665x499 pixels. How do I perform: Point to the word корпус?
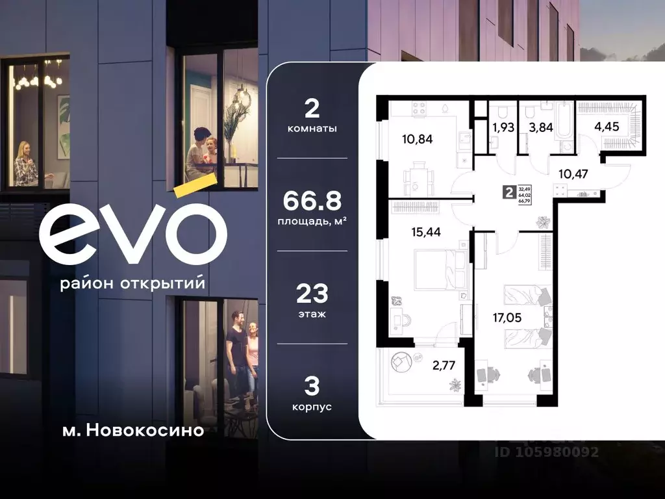point(312,407)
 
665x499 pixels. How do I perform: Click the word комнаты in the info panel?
point(312,129)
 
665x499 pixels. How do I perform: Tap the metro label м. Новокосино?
point(129,430)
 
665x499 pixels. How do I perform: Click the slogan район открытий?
point(132,284)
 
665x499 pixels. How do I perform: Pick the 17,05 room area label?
point(507,318)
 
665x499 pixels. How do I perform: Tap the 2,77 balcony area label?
point(444,365)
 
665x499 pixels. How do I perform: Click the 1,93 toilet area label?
point(503,127)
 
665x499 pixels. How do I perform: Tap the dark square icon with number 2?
point(508,192)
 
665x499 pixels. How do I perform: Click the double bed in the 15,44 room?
point(438,270)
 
